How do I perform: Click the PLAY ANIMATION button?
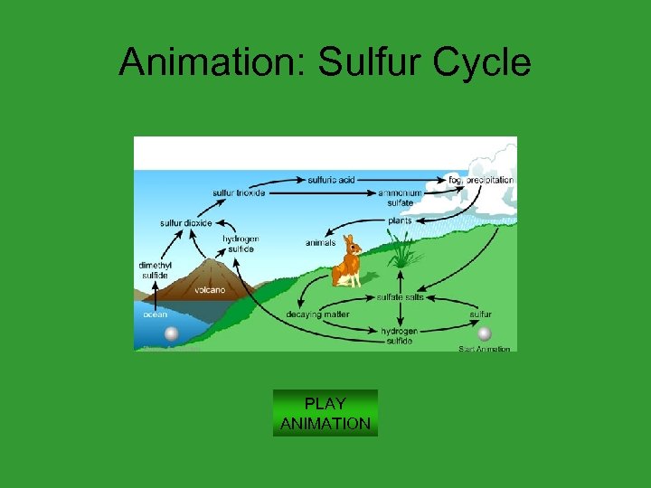pos(325,413)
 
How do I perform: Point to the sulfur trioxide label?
pos(239,192)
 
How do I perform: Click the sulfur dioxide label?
pos(185,222)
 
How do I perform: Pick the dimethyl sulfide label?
pos(154,269)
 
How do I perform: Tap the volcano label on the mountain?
pos(209,290)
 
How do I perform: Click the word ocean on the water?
pos(156,314)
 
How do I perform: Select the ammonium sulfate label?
pos(400,198)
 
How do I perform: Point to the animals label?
pos(320,242)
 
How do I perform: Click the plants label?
pos(400,220)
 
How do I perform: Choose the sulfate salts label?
pos(400,296)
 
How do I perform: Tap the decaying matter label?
pos(317,314)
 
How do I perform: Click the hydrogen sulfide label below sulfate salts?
pos(399,336)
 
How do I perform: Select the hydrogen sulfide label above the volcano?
pos(241,243)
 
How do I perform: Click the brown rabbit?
pos(346,262)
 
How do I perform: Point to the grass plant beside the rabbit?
pos(403,250)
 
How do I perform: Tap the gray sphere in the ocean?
pos(172,334)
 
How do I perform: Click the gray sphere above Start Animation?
pos(485,333)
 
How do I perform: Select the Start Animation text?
pos(485,349)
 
